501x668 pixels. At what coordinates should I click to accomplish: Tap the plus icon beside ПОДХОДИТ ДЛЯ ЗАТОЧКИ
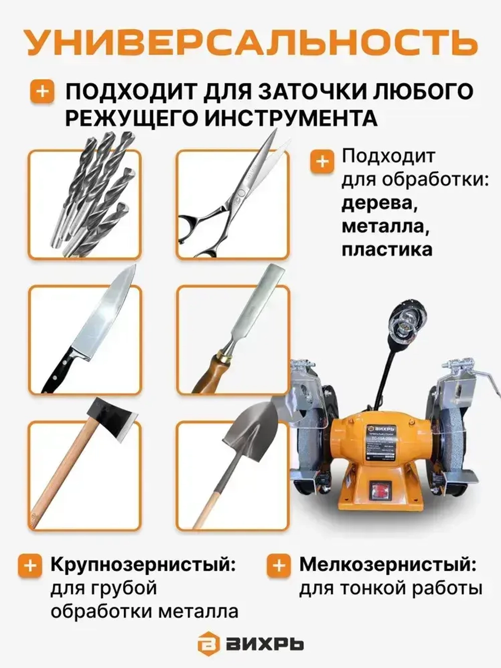[x=43, y=92]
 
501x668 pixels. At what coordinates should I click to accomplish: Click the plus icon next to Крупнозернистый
[x=30, y=566]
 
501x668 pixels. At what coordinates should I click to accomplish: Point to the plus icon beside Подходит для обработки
[x=322, y=162]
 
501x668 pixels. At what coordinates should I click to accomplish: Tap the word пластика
[x=387, y=249]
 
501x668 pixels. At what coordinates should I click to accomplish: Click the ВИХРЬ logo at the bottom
[x=250, y=643]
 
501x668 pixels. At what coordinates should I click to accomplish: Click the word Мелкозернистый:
[x=387, y=565]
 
